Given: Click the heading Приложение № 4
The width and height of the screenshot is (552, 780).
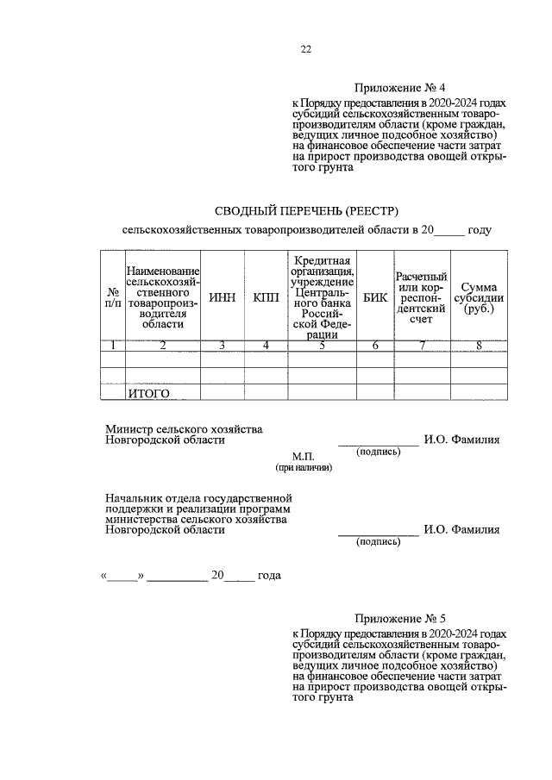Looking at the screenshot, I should coord(399,88).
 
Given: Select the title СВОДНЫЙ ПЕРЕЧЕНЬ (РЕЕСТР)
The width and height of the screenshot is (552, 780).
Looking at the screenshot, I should coord(306,210).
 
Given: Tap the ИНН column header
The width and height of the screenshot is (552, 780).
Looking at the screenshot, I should coord(222,297).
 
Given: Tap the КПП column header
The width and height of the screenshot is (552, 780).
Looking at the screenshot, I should coord(266,297).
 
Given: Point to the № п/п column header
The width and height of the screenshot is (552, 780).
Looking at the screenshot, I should coord(112,297).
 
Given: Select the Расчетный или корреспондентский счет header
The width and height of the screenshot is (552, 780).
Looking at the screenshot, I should coord(422,297).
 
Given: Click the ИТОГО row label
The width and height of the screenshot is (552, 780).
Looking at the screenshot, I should coord(148,394).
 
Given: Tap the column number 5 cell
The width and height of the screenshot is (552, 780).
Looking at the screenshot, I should coord(321,346).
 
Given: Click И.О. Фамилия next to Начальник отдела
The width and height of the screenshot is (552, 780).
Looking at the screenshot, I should coord(461,530).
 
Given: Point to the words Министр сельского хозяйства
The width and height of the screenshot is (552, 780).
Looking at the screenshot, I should coord(184,428).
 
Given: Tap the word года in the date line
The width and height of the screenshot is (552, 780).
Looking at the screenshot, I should coord(269,575).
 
